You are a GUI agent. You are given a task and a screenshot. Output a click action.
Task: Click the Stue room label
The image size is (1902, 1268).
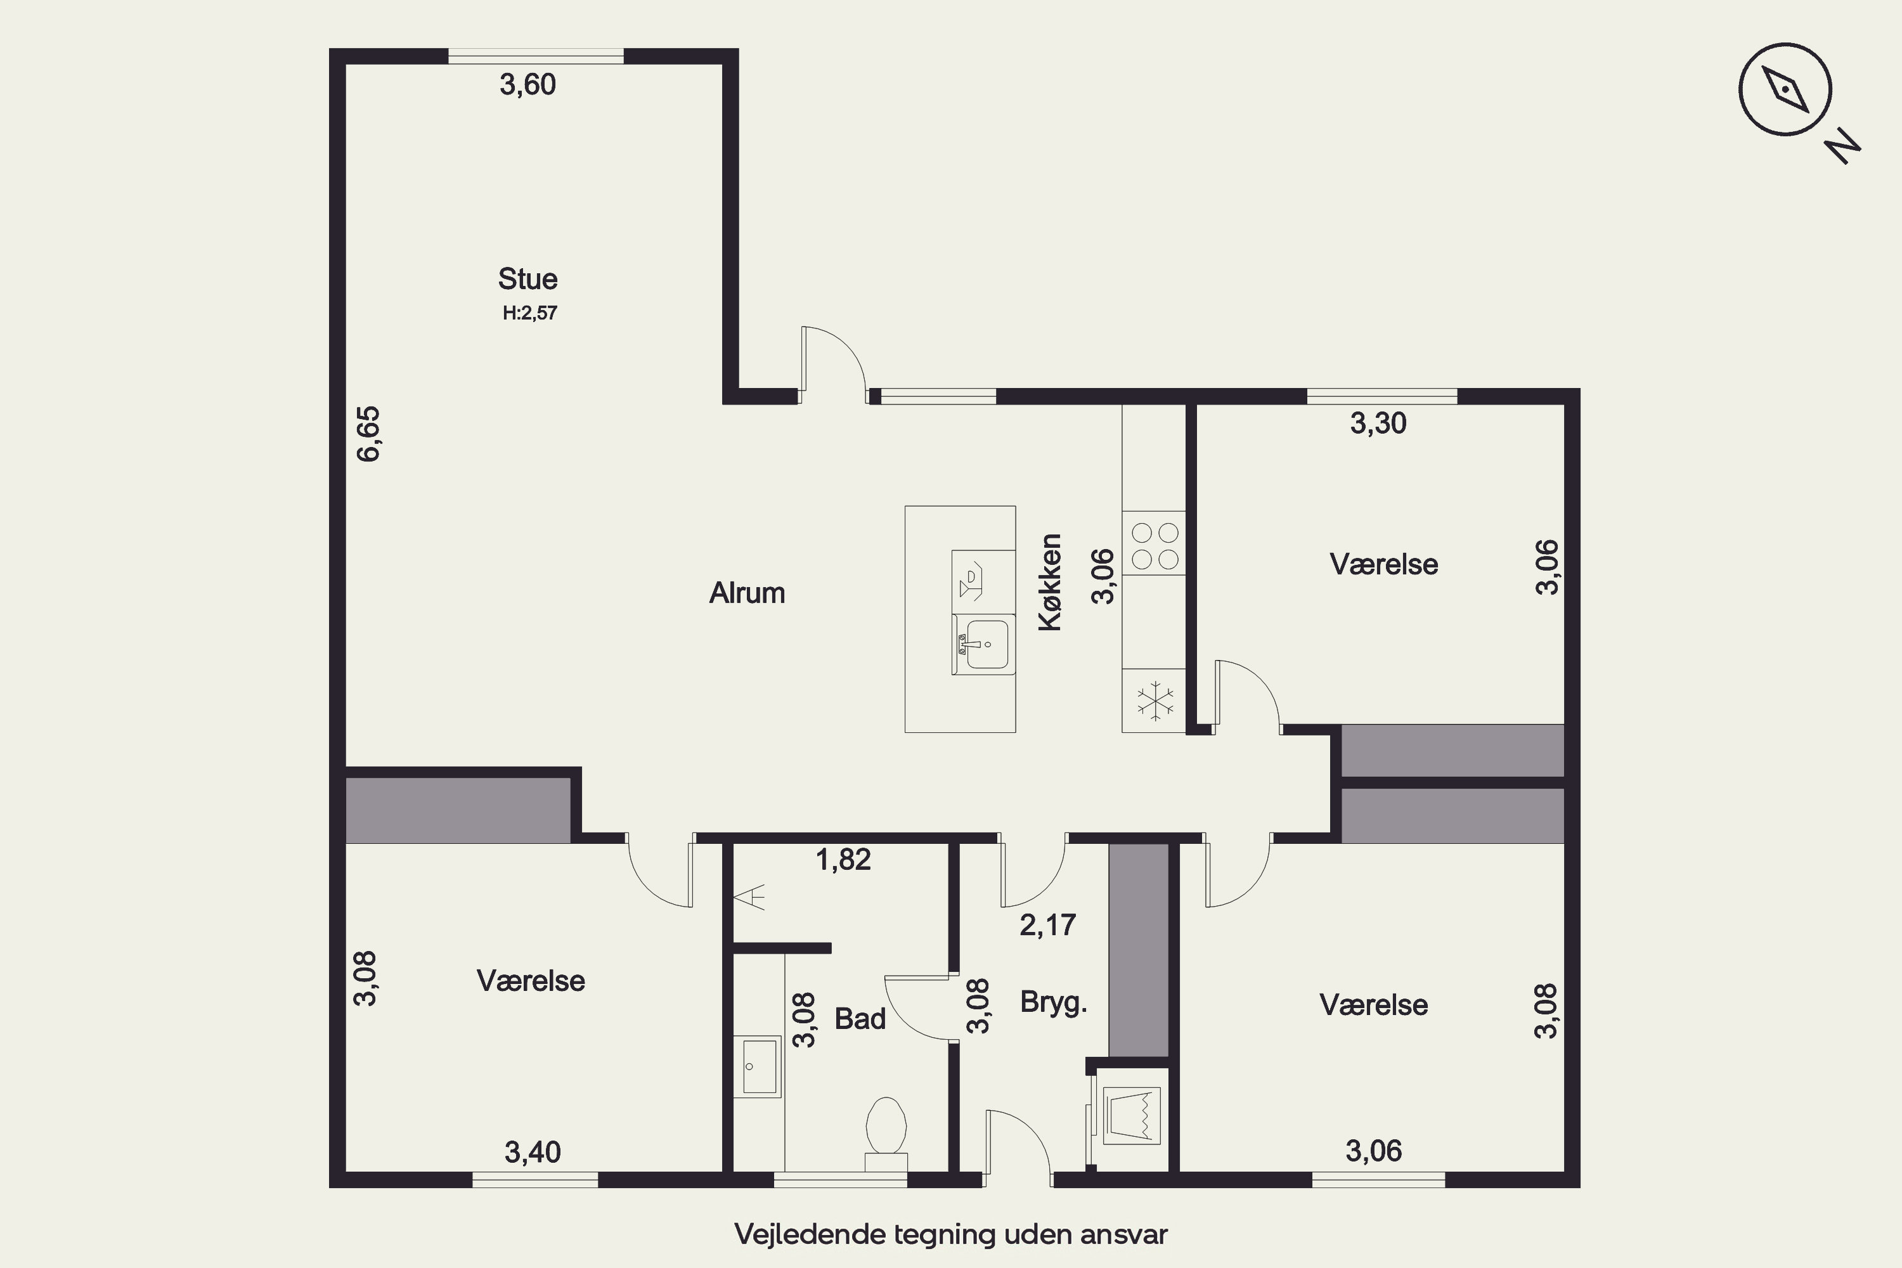527,279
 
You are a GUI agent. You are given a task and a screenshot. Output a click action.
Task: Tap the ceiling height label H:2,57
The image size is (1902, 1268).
529,313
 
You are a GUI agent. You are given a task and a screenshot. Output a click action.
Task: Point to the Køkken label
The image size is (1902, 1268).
1050,581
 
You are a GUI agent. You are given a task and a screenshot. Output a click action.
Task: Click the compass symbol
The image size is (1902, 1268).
1785,89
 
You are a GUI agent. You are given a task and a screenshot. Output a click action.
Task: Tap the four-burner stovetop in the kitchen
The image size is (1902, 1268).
1154,546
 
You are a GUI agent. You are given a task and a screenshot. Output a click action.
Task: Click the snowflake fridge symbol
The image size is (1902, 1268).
1156,701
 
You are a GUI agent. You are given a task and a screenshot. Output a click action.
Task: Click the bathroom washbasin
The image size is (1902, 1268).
758,1066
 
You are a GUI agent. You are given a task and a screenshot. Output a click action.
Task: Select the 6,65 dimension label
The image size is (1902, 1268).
368,434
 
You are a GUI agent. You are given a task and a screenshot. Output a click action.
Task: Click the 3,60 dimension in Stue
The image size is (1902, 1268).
527,85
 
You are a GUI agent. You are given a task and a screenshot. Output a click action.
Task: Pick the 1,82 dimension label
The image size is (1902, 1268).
843,860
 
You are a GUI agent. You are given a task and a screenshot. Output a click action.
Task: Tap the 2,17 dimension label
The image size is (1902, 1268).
1047,924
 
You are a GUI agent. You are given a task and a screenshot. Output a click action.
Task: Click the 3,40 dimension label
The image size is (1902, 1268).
533,1151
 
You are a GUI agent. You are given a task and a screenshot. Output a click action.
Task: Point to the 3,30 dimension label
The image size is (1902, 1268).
1378,423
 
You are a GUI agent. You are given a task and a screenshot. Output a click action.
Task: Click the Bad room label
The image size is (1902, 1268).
860,1019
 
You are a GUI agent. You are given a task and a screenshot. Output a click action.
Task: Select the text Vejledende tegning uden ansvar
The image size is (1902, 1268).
951,1234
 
